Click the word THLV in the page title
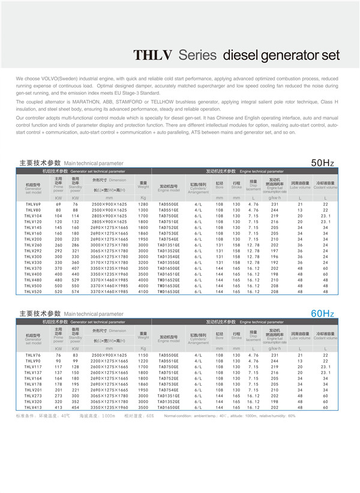click(152, 55)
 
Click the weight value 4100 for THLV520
click(143, 291)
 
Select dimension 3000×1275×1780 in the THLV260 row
click(109, 245)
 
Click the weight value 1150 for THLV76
click(143, 356)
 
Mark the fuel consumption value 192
click(274, 263)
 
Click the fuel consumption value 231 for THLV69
click(274, 205)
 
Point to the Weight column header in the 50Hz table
click(143, 185)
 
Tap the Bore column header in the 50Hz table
click(219, 185)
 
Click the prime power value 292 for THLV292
click(58, 251)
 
